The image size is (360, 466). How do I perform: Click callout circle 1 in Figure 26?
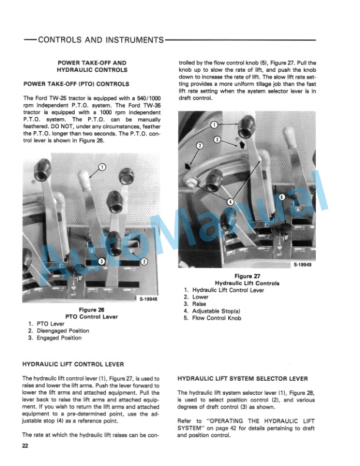(x=101, y=167)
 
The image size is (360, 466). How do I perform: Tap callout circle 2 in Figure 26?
(x=144, y=261)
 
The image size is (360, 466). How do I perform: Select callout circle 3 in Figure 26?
(x=101, y=261)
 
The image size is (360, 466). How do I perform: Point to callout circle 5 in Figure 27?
(x=282, y=197)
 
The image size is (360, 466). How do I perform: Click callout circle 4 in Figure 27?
(x=230, y=201)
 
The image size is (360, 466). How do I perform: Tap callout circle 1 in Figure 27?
(x=214, y=125)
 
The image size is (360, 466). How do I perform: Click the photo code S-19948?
(x=148, y=299)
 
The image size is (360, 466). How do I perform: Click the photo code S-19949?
(x=303, y=265)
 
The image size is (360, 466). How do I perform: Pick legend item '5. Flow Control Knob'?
(x=212, y=318)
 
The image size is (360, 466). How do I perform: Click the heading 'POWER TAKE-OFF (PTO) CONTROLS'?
(x=75, y=84)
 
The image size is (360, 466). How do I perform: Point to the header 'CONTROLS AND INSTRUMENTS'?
(x=100, y=40)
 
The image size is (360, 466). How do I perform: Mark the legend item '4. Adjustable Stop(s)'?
(x=212, y=311)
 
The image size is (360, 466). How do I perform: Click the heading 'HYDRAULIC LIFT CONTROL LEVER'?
(x=74, y=364)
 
